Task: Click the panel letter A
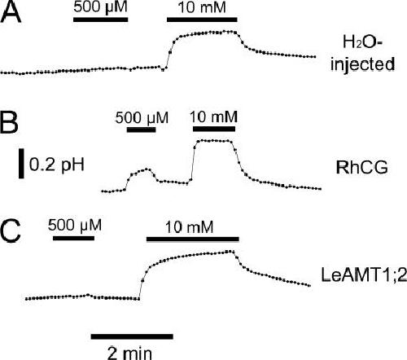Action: (11, 12)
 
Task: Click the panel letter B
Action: (9, 122)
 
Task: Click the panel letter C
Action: (11, 231)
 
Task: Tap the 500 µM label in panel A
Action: (100, 7)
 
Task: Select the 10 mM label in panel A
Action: (202, 7)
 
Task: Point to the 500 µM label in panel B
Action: (142, 118)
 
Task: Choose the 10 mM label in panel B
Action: (213, 116)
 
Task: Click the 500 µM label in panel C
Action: (75, 225)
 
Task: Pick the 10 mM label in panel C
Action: (189, 227)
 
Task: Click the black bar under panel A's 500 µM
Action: (101, 20)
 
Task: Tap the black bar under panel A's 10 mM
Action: (202, 20)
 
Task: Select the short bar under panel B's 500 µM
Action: (142, 130)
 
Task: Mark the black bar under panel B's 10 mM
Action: (214, 129)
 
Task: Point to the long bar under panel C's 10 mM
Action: (193, 239)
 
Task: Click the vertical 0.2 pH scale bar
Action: (21, 164)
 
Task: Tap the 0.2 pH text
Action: (57, 165)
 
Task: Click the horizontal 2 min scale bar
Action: (132, 336)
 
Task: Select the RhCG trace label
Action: (361, 168)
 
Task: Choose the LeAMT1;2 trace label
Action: (364, 274)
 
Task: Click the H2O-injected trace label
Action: (362, 54)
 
